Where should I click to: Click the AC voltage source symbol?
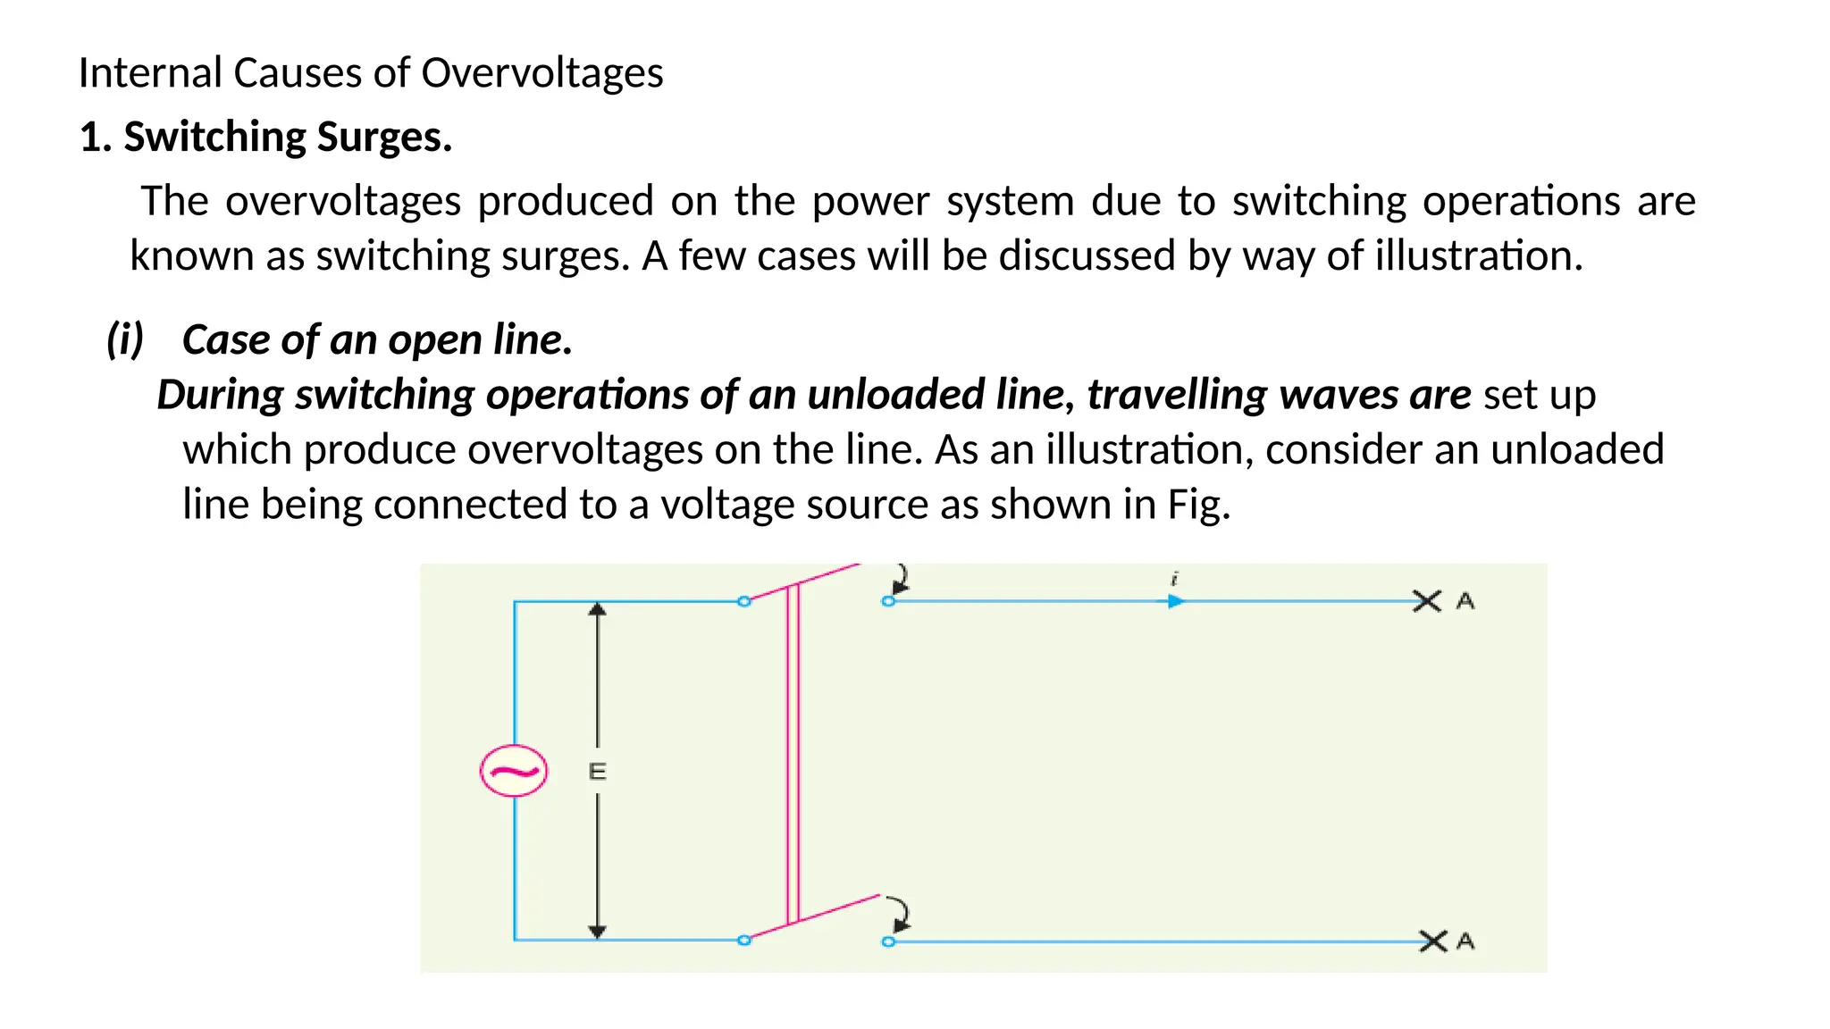tap(514, 771)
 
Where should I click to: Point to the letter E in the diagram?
tap(598, 772)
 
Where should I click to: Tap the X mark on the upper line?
tap(1427, 601)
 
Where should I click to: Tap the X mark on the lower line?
tap(1433, 941)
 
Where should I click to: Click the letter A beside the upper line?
tap(1465, 601)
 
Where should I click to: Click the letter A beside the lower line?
tap(1465, 941)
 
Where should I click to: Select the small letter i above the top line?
tap(1175, 579)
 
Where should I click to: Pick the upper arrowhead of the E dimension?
tap(598, 609)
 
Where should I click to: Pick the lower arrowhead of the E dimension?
tap(598, 932)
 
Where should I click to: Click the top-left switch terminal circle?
tap(744, 601)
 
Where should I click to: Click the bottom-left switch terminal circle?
tap(744, 940)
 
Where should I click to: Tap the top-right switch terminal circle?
tap(888, 601)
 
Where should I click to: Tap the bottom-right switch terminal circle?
tap(888, 941)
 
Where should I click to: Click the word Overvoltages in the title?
tap(542, 73)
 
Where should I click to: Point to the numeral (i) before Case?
tap(125, 339)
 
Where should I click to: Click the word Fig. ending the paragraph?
tap(1199, 505)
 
